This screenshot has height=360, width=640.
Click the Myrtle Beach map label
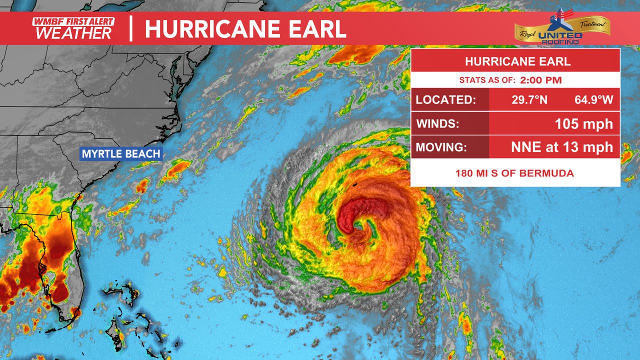point(121,154)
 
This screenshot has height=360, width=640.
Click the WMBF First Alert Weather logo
point(73,28)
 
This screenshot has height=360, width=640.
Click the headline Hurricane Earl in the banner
point(245,29)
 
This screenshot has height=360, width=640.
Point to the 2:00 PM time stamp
point(540,80)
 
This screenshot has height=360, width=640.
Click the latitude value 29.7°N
point(529,100)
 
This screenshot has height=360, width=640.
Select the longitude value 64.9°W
point(593,100)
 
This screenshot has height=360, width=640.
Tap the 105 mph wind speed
point(583,124)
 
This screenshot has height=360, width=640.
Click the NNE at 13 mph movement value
point(561,147)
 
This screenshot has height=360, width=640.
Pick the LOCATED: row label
point(445,100)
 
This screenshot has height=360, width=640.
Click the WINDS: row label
point(437,124)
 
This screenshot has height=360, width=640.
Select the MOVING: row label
point(441,147)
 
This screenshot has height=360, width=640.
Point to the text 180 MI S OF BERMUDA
point(514,173)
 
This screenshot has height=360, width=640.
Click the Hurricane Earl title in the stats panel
point(517,62)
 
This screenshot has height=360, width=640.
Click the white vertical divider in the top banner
point(131,28)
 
